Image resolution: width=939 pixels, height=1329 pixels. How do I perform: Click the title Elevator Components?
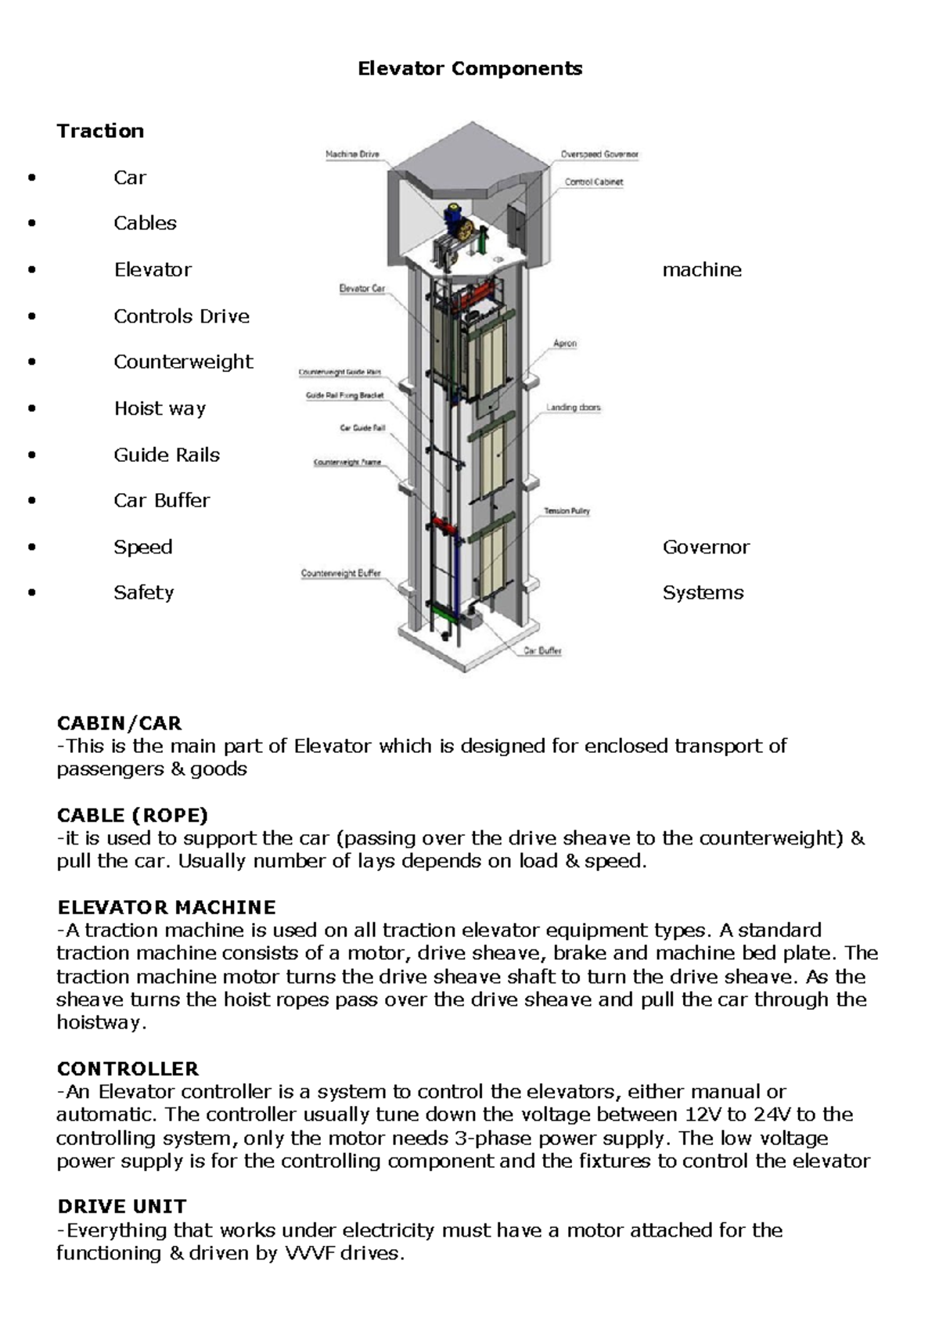[x=469, y=69]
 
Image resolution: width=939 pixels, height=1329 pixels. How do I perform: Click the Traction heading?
[x=100, y=131]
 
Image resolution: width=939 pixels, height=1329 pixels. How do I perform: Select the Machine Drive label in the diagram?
[x=352, y=154]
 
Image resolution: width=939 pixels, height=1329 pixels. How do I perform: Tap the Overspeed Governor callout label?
[x=599, y=154]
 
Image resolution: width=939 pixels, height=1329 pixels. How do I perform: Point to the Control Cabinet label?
[x=594, y=182]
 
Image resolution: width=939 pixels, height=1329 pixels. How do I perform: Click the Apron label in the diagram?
[x=565, y=344]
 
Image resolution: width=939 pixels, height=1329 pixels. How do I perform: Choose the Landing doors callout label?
[x=574, y=408]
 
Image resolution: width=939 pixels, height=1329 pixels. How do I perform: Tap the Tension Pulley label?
[x=567, y=511]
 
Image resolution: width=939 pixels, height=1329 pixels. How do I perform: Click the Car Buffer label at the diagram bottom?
[x=543, y=650]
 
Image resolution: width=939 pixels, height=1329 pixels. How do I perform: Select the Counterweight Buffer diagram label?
[x=341, y=574]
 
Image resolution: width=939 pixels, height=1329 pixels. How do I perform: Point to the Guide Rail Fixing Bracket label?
[x=344, y=396]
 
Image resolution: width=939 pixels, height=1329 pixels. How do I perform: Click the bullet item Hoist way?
[x=160, y=409]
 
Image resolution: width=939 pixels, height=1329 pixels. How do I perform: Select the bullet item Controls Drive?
[x=182, y=316]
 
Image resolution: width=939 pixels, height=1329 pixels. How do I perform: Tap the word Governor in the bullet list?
[x=706, y=547]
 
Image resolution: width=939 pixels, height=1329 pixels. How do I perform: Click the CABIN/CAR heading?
[x=119, y=723]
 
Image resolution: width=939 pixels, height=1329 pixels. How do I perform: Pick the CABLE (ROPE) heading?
[x=132, y=816]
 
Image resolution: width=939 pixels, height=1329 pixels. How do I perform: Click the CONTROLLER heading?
[x=128, y=1069]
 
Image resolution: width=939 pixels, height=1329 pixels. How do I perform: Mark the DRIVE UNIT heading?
[x=121, y=1207]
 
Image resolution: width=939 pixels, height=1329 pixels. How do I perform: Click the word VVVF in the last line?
[x=311, y=1254]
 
